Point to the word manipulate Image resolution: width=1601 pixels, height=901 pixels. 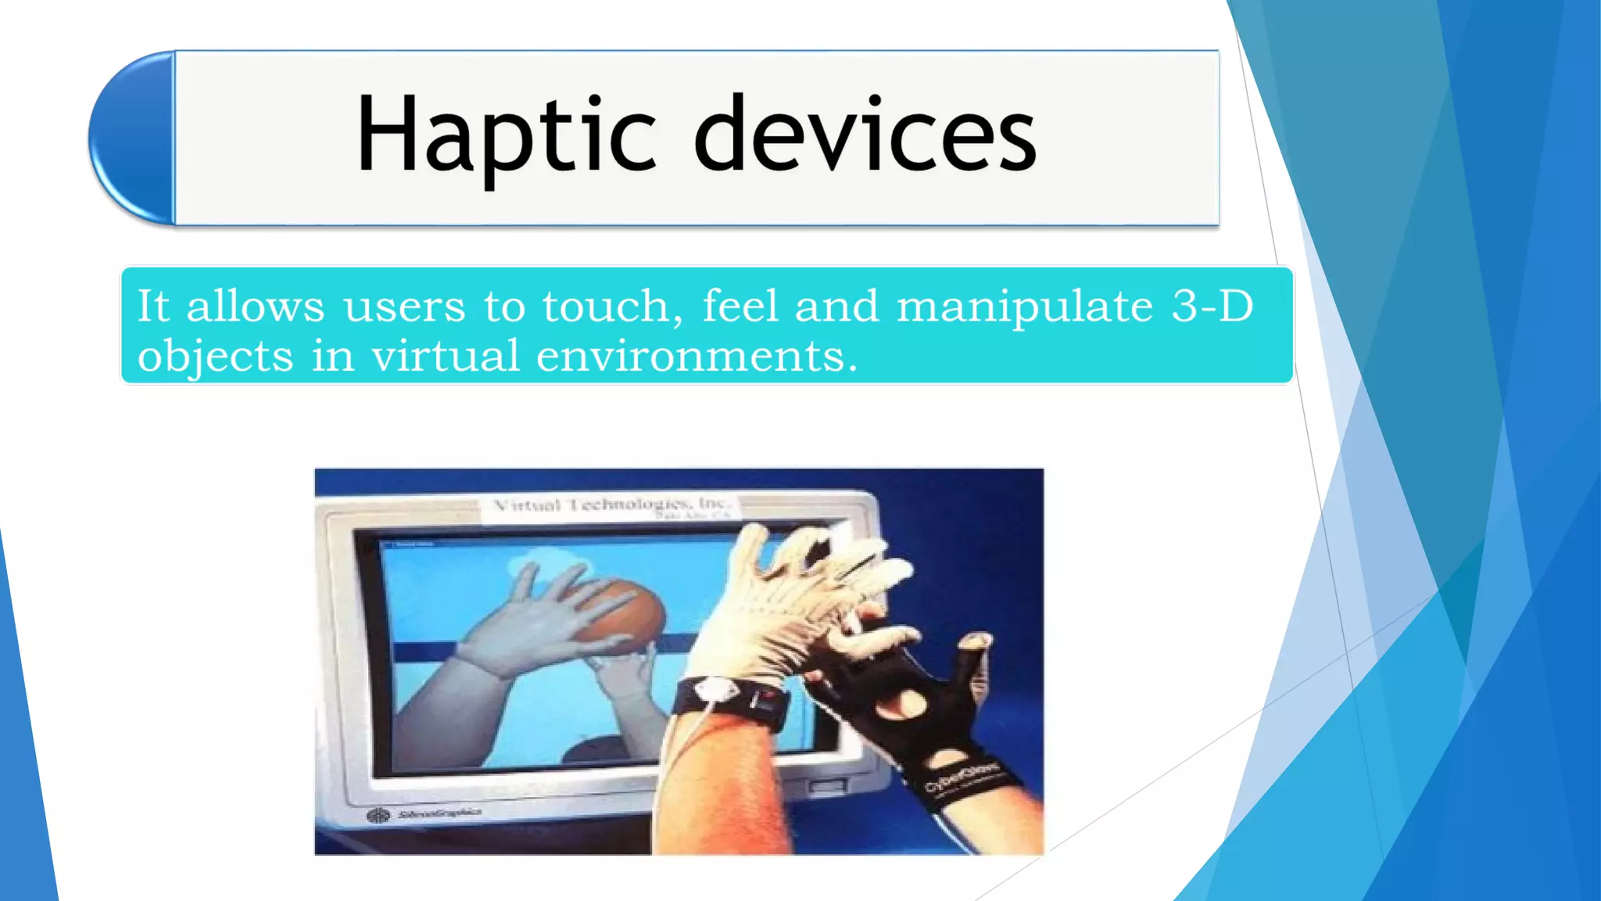(x=1025, y=306)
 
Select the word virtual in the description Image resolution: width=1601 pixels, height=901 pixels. (x=445, y=356)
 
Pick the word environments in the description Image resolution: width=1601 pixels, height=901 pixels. (x=697, y=356)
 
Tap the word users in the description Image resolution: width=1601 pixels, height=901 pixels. (x=404, y=306)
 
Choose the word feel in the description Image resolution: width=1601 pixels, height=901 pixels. (x=740, y=306)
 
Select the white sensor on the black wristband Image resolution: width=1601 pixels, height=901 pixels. (x=718, y=691)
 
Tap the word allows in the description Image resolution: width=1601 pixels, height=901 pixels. (x=255, y=306)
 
